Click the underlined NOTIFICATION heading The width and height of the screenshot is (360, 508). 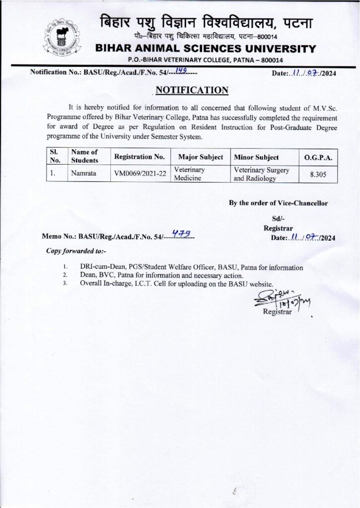[192, 90]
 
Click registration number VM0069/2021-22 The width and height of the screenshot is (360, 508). [139, 174]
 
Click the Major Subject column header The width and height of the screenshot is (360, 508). [200, 157]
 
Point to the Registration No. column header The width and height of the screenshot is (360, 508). [139, 157]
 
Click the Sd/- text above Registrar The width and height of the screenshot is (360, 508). [278, 219]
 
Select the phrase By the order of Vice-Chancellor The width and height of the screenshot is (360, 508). [278, 202]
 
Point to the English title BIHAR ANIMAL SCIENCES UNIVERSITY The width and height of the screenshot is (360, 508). [205, 49]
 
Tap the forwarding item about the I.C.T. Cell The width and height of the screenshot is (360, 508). [177, 284]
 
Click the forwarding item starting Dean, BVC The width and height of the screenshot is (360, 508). [161, 275]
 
